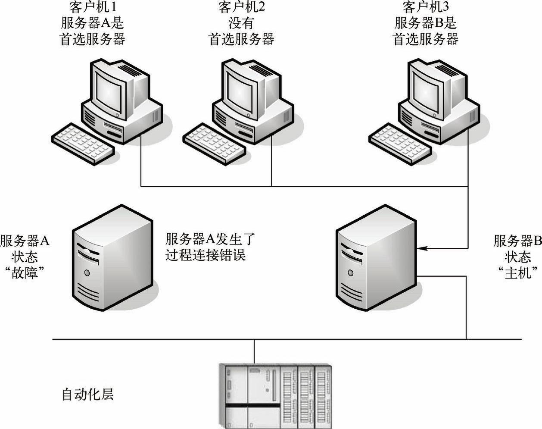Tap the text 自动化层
click(x=88, y=394)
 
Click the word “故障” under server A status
click(x=25, y=273)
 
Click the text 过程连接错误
click(x=205, y=255)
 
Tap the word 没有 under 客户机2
click(x=241, y=23)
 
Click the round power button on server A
click(x=87, y=272)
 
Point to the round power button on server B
click(x=350, y=272)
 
